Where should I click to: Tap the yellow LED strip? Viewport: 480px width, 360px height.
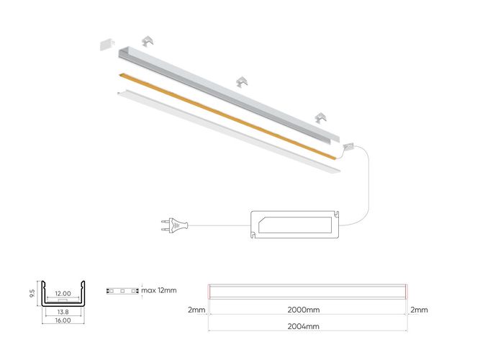[x=223, y=114]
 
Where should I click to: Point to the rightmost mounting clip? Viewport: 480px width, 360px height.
[x=320, y=117]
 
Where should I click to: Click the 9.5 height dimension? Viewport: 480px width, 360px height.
[x=32, y=293]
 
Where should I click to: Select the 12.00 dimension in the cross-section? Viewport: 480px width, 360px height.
[x=63, y=294]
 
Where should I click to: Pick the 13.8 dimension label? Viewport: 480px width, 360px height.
[x=63, y=311]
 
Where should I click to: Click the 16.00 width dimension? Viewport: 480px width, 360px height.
[x=63, y=320]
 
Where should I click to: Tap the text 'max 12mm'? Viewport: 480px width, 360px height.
[x=159, y=291]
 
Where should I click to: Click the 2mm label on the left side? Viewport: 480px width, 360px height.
[x=196, y=310]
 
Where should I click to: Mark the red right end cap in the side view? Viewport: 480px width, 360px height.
[x=406, y=292]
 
